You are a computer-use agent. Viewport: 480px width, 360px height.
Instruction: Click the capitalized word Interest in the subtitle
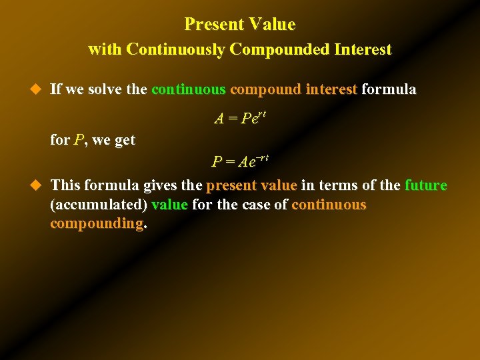[359, 49]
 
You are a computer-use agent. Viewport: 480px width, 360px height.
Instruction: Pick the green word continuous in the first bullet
[190, 89]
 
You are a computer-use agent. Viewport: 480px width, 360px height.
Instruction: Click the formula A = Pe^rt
[240, 118]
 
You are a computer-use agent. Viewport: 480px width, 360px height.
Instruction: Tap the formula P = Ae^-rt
[240, 161]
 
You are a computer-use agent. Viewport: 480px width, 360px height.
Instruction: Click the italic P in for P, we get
[79, 140]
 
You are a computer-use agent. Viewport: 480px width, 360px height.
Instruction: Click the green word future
[425, 185]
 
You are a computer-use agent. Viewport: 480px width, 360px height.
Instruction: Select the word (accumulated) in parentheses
[99, 205]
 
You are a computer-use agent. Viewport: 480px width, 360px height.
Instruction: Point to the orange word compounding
[97, 223]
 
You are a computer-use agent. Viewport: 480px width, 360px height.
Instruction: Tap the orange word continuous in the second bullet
[329, 204]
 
